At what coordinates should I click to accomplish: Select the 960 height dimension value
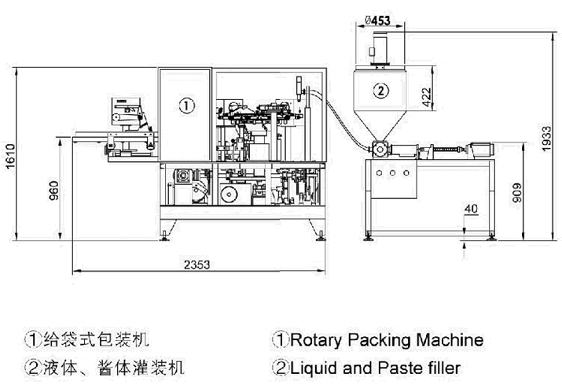click(54, 190)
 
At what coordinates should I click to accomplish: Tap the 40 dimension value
click(471, 208)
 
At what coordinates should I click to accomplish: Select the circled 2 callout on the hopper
click(380, 91)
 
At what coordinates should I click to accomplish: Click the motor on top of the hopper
click(380, 50)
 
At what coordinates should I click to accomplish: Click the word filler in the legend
click(442, 367)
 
